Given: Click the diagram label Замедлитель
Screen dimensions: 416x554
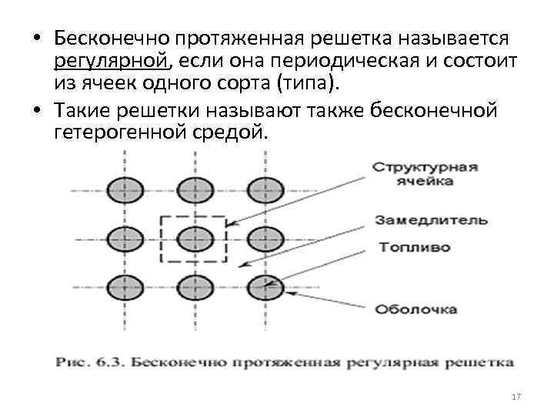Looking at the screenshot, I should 431,220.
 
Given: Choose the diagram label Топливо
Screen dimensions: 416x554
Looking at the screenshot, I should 413,248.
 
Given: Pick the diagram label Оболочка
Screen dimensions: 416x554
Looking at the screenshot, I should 416,310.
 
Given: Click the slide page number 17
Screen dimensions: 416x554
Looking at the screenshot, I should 516,397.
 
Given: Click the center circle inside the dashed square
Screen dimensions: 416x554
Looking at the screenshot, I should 192,239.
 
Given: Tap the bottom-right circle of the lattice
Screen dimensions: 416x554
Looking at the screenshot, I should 265,288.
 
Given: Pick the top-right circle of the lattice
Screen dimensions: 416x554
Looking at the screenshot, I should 265,189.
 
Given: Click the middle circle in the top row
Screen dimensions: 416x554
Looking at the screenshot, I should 192,189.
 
